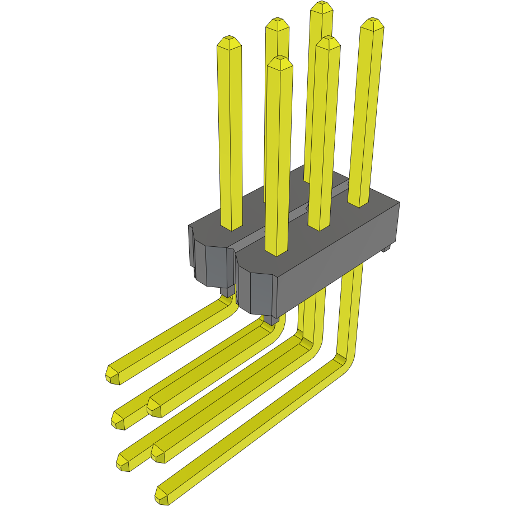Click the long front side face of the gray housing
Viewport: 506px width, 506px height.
click(x=336, y=257)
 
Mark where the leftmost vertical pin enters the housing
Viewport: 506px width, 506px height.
click(x=232, y=226)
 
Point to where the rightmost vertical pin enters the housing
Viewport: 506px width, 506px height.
click(x=359, y=203)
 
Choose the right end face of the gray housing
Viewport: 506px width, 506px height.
click(x=394, y=227)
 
